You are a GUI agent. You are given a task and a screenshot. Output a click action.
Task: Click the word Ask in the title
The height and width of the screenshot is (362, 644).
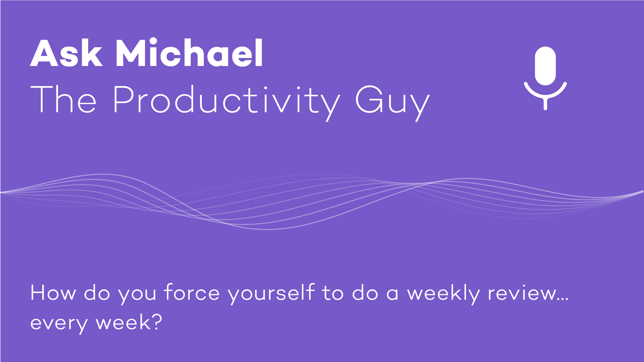66,53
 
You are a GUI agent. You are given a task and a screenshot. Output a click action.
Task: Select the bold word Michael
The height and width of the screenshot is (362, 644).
189,52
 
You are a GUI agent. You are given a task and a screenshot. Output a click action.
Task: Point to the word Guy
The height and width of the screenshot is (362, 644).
392,102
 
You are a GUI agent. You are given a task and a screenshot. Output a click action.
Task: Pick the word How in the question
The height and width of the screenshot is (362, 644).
53,293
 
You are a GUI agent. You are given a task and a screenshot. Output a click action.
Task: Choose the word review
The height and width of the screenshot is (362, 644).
521,293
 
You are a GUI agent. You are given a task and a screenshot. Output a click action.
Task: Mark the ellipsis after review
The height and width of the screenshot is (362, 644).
562,299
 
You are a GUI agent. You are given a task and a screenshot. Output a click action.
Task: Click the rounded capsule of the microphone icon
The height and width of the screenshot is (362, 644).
545,66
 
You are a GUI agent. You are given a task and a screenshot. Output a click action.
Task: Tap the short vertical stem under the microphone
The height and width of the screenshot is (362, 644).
545,103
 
